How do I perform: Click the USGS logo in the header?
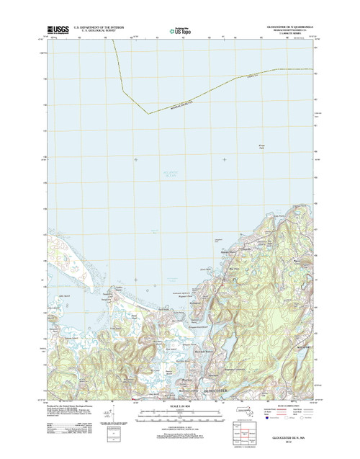point(57,30)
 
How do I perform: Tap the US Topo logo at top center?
point(180,30)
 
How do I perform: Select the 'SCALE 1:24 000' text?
point(179,406)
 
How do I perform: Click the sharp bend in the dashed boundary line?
point(148,113)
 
